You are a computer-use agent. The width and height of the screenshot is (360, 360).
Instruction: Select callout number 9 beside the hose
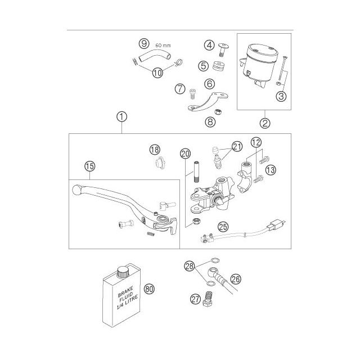[x=143, y=43]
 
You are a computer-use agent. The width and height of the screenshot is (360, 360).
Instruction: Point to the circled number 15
[x=88, y=166]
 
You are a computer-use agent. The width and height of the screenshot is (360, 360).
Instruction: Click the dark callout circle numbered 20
[x=184, y=154]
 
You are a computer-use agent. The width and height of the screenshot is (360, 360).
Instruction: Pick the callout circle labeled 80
[x=149, y=290]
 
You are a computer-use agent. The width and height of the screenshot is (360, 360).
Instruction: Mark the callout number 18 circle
[x=154, y=149]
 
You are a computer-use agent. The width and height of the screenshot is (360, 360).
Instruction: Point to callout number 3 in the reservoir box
[x=282, y=96]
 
